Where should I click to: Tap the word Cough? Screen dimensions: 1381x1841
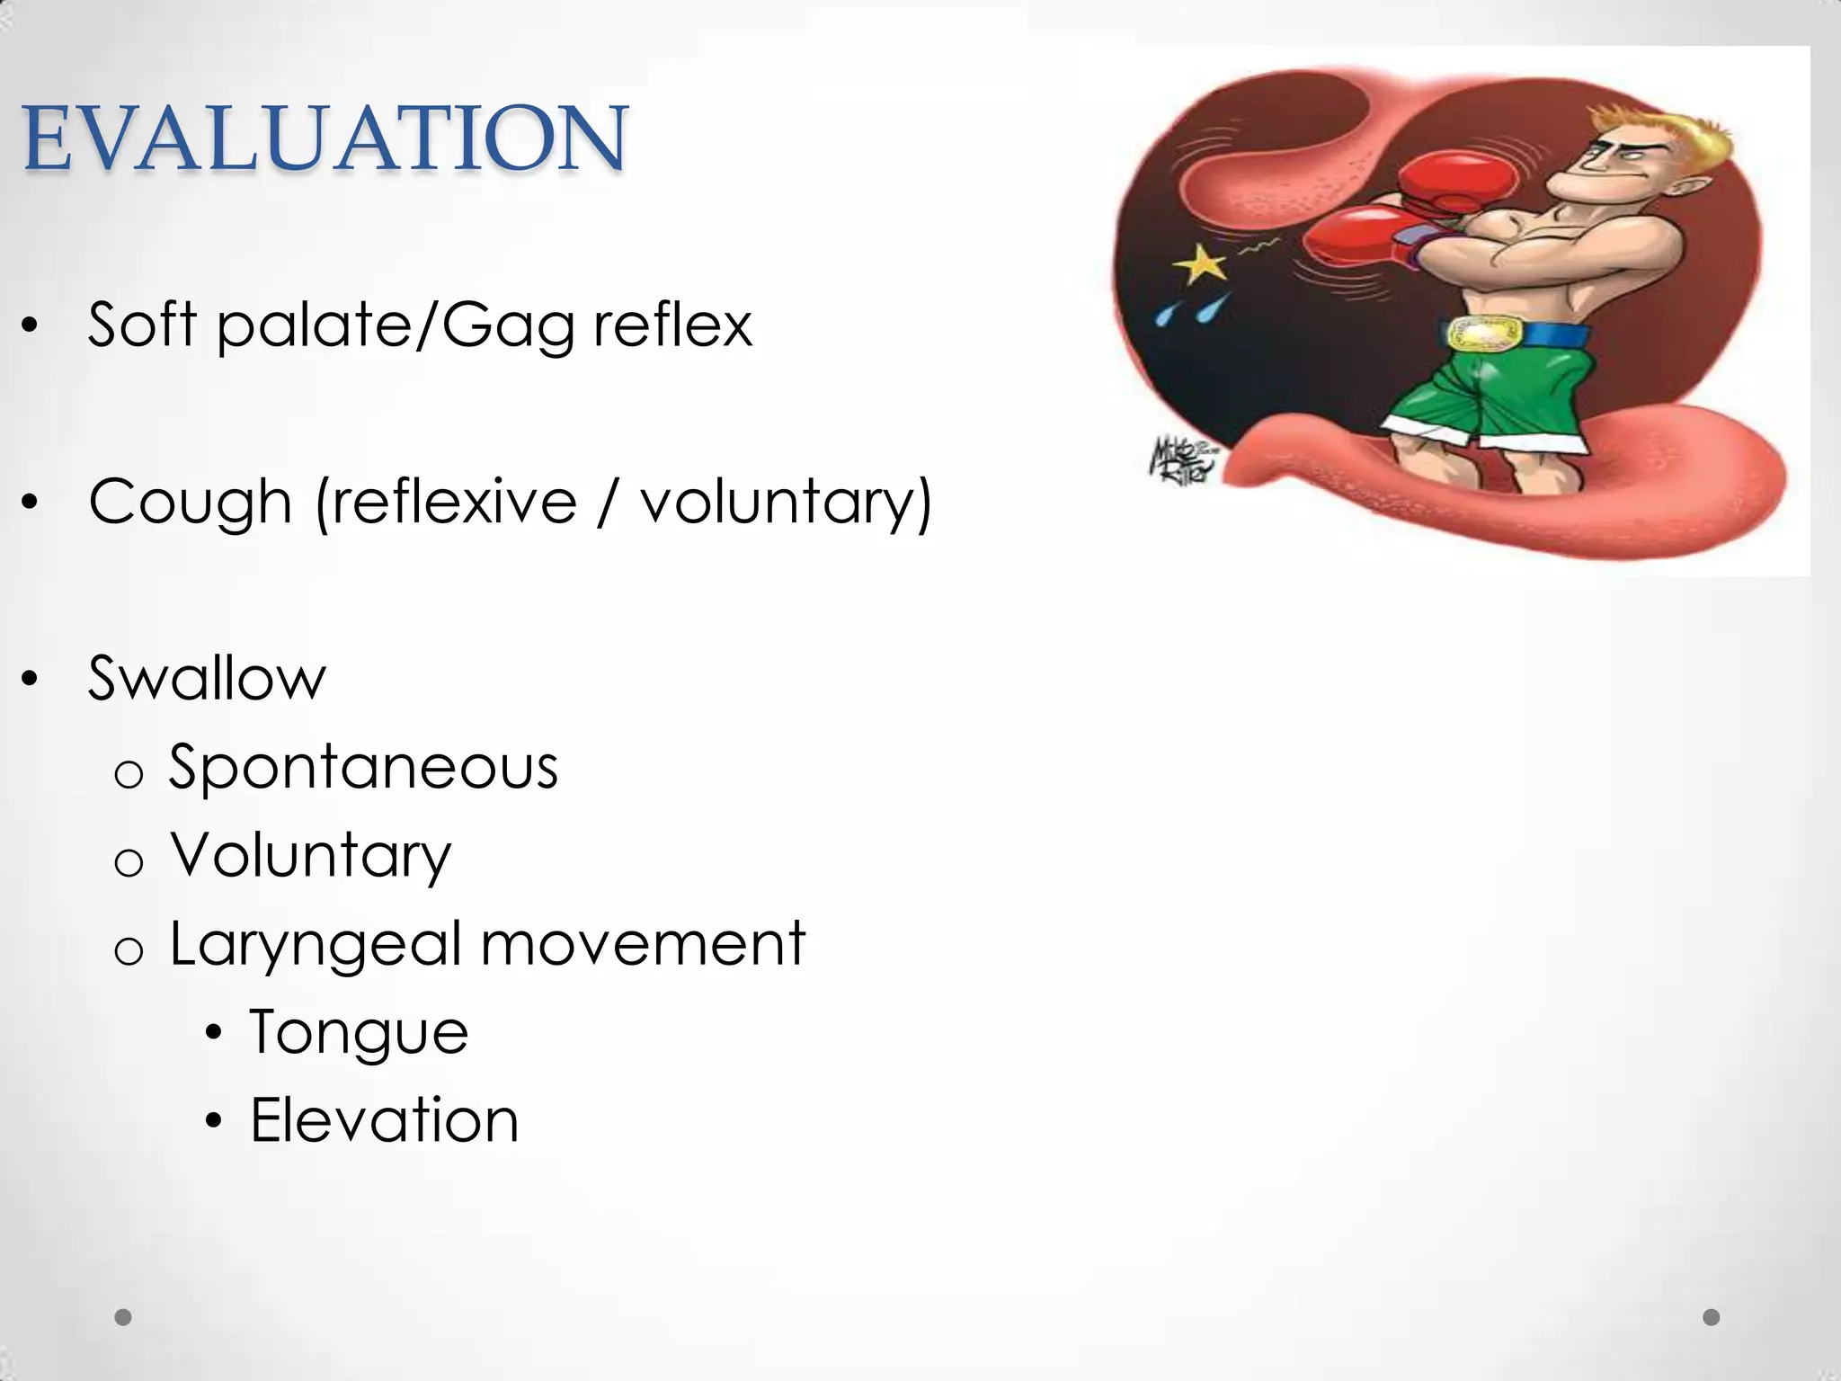tap(190, 502)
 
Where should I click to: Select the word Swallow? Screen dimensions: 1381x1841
tap(207, 678)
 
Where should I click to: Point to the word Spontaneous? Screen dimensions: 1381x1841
tap(363, 768)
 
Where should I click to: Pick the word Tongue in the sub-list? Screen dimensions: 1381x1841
tap(359, 1032)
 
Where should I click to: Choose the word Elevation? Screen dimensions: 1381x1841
tap(384, 1120)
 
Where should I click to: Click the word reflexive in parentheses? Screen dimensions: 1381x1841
tap(454, 502)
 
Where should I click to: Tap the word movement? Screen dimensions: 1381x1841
tap(643, 944)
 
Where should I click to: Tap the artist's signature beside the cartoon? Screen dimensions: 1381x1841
tap(1183, 459)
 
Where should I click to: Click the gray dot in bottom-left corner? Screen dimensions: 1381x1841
tap(123, 1317)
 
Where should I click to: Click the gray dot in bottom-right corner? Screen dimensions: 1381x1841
tap(1712, 1317)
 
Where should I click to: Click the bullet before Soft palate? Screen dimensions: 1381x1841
tap(31, 327)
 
